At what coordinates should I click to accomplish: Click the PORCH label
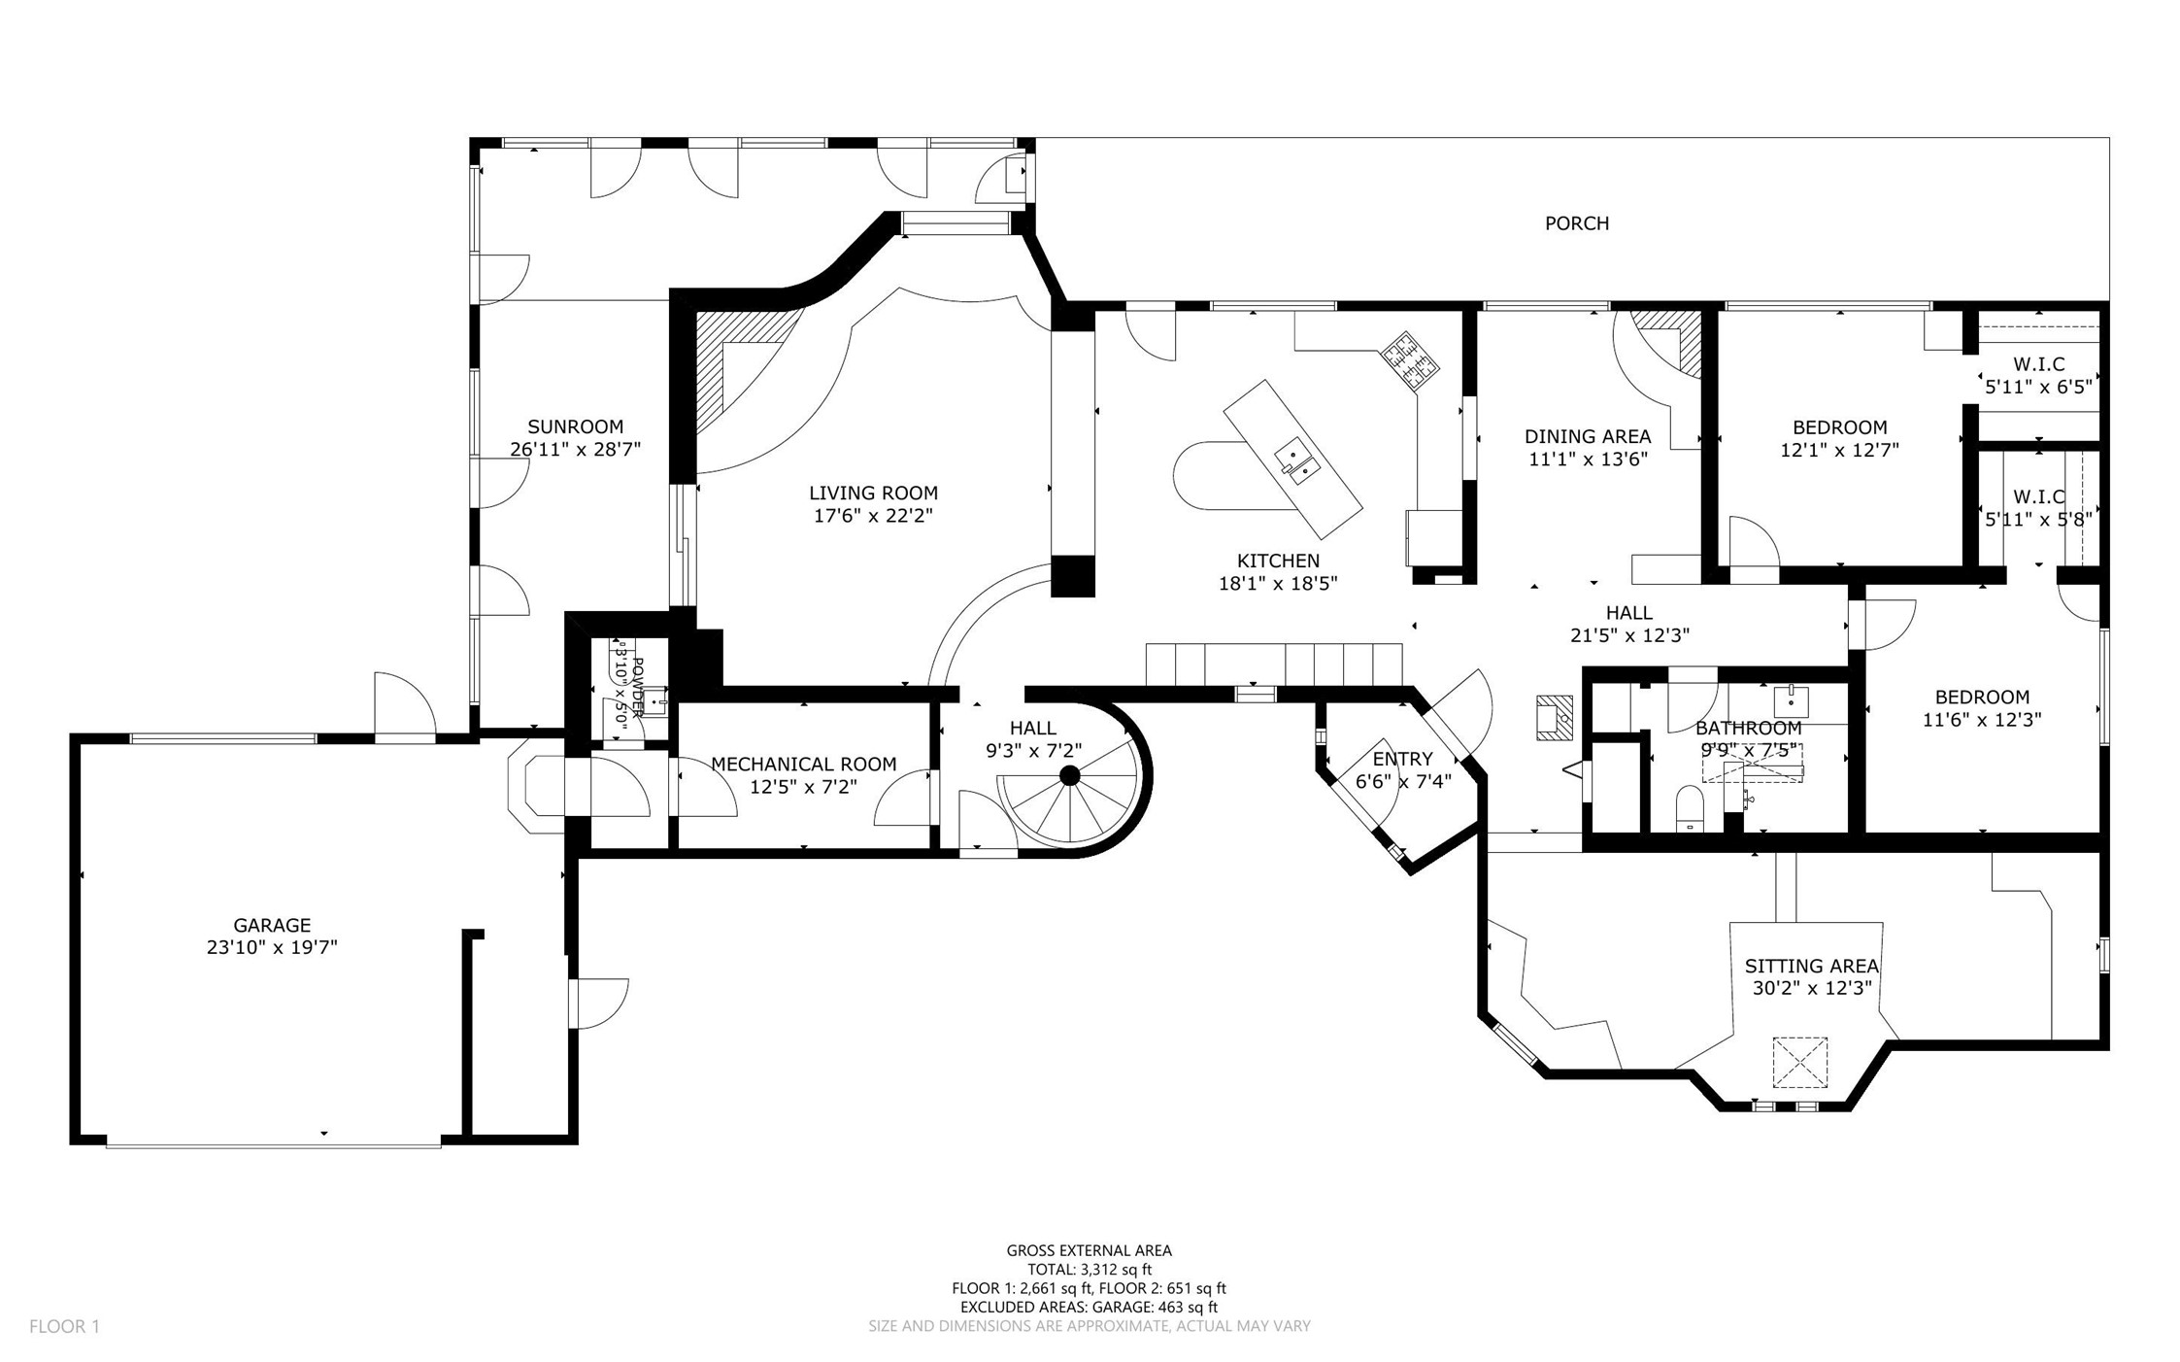(1576, 223)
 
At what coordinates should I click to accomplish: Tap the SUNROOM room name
(575, 426)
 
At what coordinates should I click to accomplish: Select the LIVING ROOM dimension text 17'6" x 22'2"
(873, 516)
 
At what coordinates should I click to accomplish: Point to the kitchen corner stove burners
(1411, 361)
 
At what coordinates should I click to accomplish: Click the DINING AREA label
(1588, 436)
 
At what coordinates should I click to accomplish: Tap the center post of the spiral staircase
(1069, 775)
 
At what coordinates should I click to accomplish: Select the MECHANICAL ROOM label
(804, 765)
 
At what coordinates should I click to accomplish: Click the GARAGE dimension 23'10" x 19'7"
(272, 947)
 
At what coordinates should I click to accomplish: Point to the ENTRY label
(1402, 759)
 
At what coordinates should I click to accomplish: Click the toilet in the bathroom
(1690, 809)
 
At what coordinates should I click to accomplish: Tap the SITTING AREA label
(1812, 967)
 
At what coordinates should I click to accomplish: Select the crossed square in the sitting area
(1800, 1063)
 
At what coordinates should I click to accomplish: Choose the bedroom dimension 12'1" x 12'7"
(1839, 450)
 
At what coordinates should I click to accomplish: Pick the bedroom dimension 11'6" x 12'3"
(1982, 720)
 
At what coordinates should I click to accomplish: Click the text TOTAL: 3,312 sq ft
(1090, 1269)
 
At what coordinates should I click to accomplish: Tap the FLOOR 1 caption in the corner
(64, 1326)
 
